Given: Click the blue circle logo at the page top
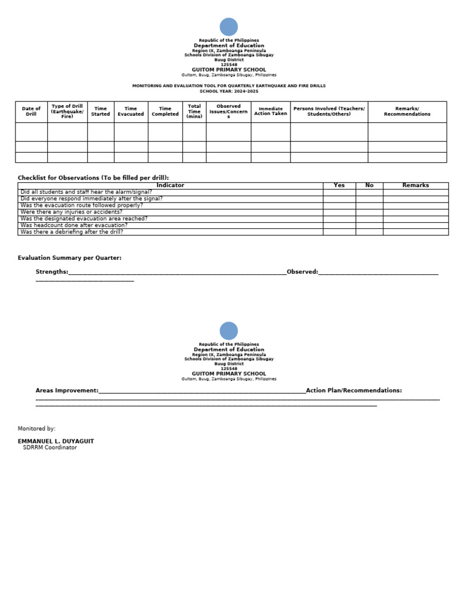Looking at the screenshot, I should point(228,27).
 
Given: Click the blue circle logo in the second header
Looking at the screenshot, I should point(228,331).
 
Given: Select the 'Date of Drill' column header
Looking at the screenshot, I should point(31,111).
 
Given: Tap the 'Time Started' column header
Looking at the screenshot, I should point(100,111).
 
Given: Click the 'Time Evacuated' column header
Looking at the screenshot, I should point(131,111).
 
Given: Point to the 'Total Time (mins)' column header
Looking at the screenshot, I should point(194,111).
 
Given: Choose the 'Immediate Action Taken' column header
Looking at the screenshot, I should point(270,111).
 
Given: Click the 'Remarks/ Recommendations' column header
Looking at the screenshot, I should point(407,111).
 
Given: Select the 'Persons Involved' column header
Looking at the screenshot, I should point(329,111).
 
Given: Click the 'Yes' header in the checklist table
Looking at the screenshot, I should point(339,185).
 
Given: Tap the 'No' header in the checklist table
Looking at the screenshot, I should point(369,185).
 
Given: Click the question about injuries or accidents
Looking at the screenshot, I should point(71,212).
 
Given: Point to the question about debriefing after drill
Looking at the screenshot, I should point(72,232).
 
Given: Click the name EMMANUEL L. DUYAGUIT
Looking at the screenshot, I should point(55,441).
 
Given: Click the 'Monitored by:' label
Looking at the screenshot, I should point(36,429).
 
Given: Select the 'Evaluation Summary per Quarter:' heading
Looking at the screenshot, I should point(69,258).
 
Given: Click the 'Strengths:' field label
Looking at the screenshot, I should point(52,272).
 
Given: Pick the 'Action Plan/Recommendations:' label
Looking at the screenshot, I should point(354,390).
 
